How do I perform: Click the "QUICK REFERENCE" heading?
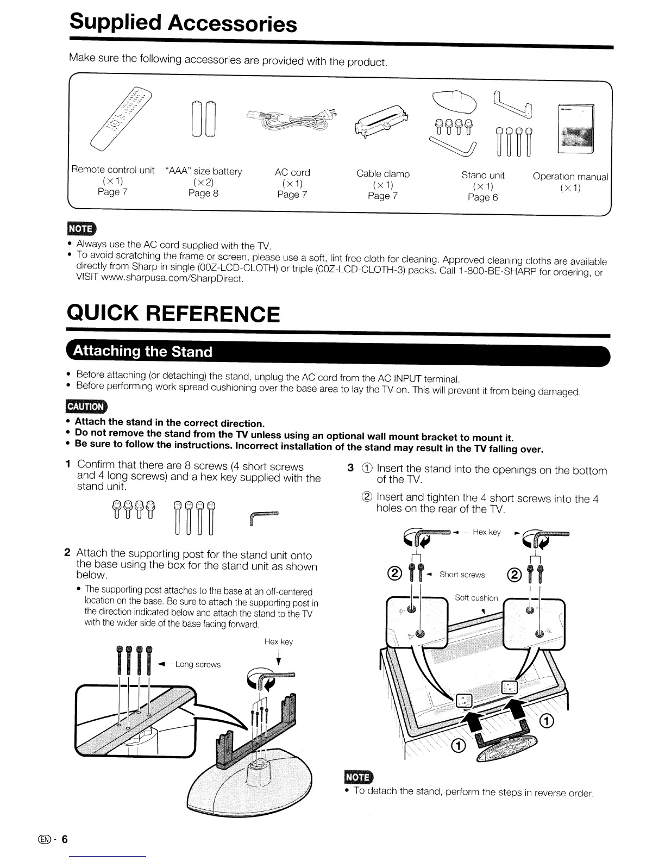pos(173,314)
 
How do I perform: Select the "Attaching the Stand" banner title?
pos(142,351)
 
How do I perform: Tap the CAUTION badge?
pos(86,407)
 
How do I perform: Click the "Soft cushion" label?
pos(476,598)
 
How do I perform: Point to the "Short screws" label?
pos(462,575)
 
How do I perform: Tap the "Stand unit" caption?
pos(483,176)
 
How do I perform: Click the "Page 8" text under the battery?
pos(203,193)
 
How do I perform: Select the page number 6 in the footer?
pos(65,839)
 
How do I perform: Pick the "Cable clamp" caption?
pos(383,174)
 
